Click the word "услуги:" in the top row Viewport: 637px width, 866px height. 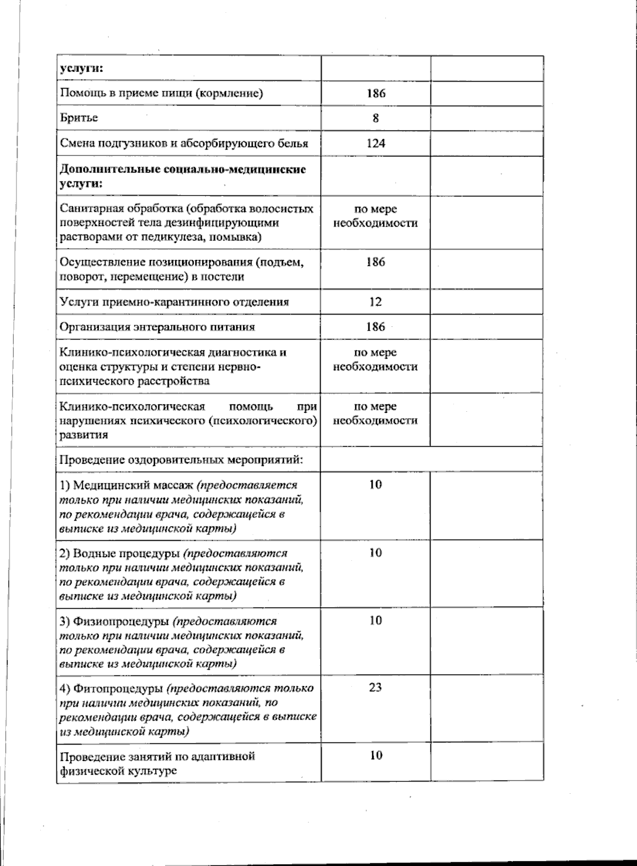pos(81,68)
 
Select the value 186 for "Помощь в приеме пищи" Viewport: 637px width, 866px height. pos(375,93)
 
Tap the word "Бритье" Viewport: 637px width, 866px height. pos(79,118)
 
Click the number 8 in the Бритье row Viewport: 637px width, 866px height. pos(375,118)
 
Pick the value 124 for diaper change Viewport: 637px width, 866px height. pos(375,143)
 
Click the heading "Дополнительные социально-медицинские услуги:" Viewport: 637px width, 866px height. pos(183,176)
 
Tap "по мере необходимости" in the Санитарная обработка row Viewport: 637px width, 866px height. pos(375,216)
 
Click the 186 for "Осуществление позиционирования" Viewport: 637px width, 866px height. pos(375,262)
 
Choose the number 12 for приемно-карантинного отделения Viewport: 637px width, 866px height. pos(375,302)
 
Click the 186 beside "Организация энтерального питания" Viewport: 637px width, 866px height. pos(375,327)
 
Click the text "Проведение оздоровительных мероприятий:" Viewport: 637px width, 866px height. pos(181,459)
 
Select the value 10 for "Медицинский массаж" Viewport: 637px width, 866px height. pos(375,484)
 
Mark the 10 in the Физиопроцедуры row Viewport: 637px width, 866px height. pos(375,620)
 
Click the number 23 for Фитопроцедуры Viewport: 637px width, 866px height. pos(375,688)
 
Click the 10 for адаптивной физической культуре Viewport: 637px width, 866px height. pos(375,756)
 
